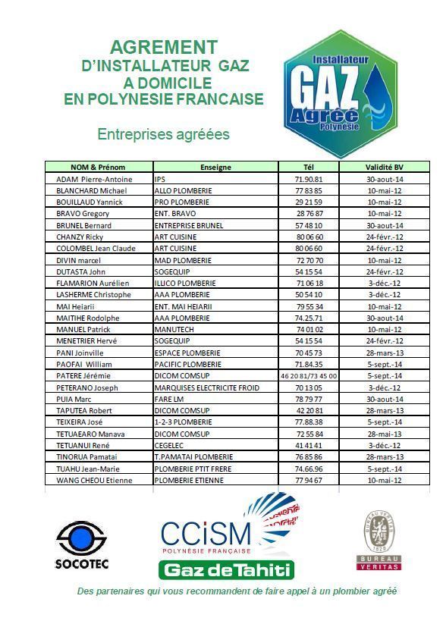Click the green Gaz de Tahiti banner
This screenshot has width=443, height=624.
(226, 569)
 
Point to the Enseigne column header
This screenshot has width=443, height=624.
(215, 168)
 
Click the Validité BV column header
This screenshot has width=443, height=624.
(384, 168)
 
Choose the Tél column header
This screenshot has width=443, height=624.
(308, 168)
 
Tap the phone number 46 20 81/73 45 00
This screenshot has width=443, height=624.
(308, 376)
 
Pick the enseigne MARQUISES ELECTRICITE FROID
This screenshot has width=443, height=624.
(206, 387)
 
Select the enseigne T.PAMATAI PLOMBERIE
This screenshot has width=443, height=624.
(193, 456)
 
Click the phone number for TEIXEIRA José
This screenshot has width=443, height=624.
(308, 422)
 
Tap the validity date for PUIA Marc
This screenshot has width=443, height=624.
(384, 399)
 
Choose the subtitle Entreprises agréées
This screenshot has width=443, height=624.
(163, 134)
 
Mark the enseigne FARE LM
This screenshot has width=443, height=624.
(169, 399)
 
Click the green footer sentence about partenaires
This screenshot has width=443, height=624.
(237, 591)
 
